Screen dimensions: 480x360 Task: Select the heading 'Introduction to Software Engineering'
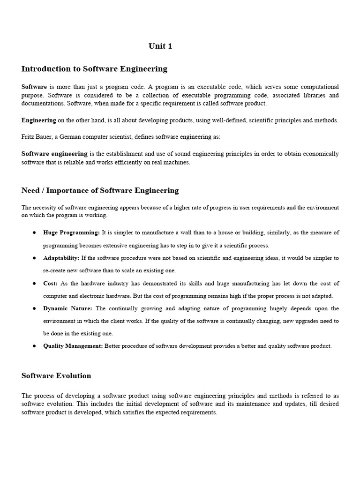(94, 69)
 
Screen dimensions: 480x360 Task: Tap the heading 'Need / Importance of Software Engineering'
(100, 190)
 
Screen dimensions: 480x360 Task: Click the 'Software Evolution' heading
(56, 376)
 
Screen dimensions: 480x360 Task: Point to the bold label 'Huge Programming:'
(71, 232)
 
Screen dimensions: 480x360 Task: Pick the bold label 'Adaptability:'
(61, 258)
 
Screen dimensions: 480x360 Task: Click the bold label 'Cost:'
(50, 284)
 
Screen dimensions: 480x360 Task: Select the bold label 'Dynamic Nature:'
(67, 308)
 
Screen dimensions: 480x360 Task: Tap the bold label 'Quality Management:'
(73, 346)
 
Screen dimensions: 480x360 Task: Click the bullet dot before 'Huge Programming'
(35, 232)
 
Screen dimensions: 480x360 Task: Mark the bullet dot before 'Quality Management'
(35, 346)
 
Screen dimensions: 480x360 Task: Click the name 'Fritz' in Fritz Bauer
(28, 137)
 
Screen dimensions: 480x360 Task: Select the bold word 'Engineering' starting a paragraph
(39, 120)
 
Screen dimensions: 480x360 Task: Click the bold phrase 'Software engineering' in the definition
(54, 154)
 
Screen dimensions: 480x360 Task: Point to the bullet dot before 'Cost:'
(35, 284)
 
